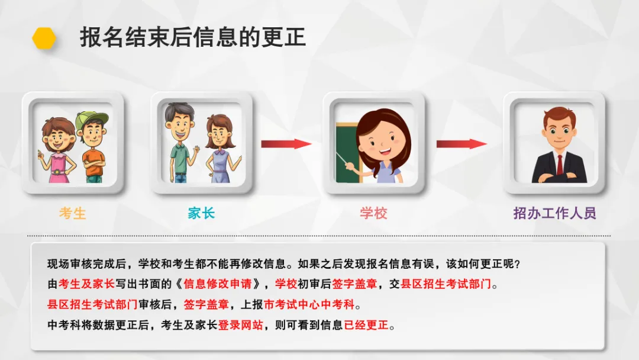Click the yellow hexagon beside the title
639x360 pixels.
[44, 38]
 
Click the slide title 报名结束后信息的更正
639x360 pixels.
[193, 37]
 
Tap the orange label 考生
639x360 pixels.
[73, 213]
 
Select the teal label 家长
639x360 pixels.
[201, 213]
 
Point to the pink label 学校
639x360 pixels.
[373, 213]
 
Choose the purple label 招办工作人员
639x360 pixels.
[554, 213]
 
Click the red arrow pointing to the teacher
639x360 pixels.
[286, 144]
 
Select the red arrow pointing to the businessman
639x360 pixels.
[461, 144]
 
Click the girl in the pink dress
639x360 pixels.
[58, 151]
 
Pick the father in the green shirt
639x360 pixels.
[179, 145]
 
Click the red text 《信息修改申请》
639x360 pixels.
[218, 284]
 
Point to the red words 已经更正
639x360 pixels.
[366, 325]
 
